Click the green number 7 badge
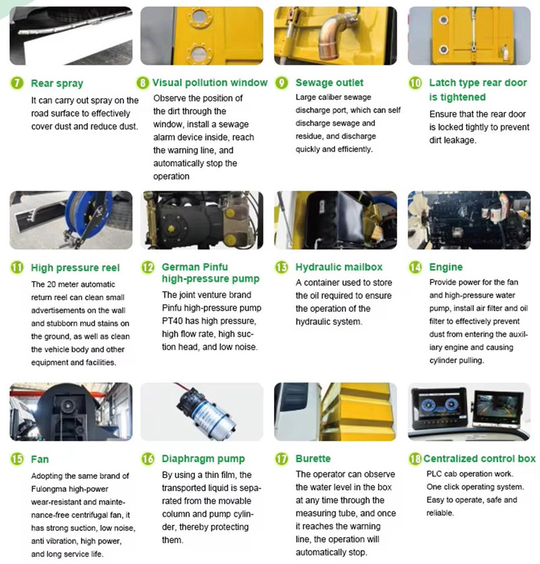click(x=16, y=84)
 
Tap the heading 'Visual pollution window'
click(x=210, y=83)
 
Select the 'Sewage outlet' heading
click(x=329, y=83)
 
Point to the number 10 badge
click(x=416, y=83)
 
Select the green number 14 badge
click(x=416, y=267)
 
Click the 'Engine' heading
click(x=446, y=267)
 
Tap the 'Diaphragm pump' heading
click(x=203, y=459)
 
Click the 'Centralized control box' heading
click(x=482, y=459)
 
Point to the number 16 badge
click(x=148, y=459)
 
